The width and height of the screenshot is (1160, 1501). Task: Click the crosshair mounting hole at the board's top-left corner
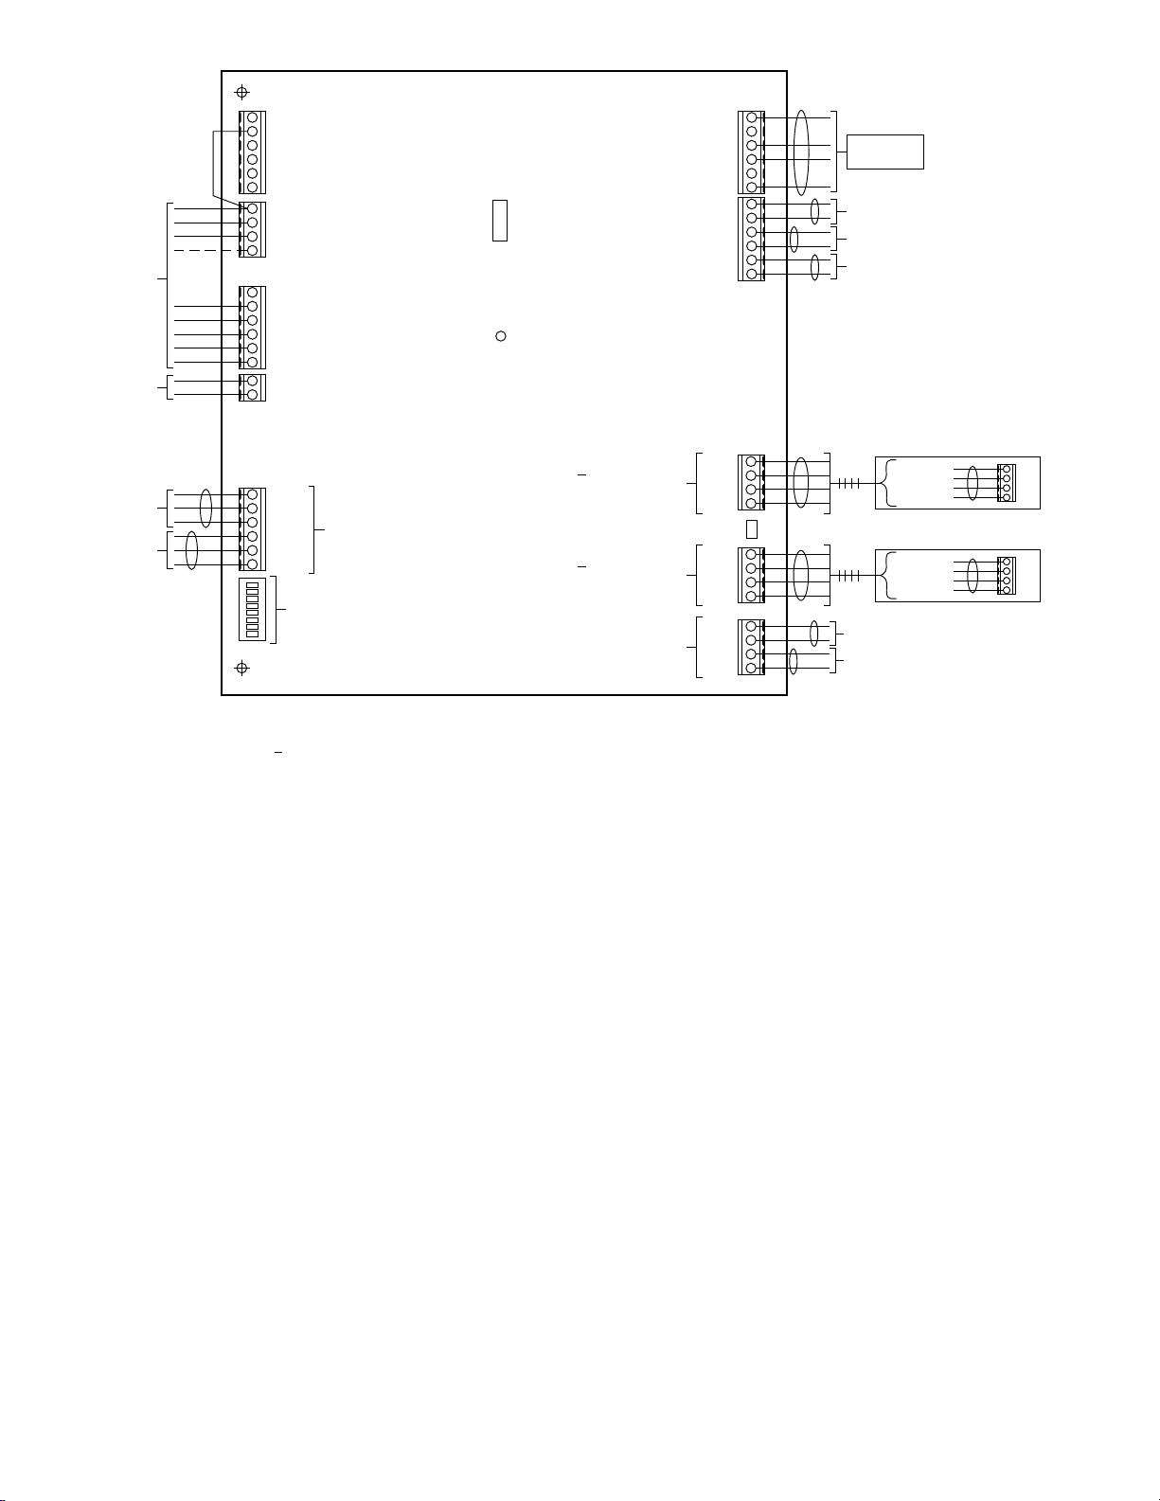pyautogui.click(x=242, y=92)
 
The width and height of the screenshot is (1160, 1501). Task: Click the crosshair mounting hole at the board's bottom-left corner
pyautogui.click(x=242, y=668)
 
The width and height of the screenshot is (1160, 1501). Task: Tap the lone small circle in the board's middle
pyautogui.click(x=501, y=336)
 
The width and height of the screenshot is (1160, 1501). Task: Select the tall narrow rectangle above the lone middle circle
pyautogui.click(x=500, y=220)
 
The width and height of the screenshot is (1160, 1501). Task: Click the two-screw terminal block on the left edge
pyautogui.click(x=253, y=387)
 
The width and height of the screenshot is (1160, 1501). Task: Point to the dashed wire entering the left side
pyautogui.click(x=204, y=250)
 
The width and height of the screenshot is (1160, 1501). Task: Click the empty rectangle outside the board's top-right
pyautogui.click(x=884, y=152)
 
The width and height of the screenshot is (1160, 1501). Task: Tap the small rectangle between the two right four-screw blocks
pyautogui.click(x=752, y=528)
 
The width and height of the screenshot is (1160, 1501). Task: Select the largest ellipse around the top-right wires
pyautogui.click(x=801, y=152)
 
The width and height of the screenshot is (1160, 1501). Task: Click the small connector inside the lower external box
pyautogui.click(x=1005, y=576)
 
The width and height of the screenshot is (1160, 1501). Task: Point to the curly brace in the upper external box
pyautogui.click(x=885, y=483)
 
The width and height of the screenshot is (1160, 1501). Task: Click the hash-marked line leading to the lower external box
pyautogui.click(x=847, y=576)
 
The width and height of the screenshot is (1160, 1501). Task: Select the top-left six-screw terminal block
pyautogui.click(x=253, y=152)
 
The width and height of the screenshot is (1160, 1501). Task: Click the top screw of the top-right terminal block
pyautogui.click(x=751, y=117)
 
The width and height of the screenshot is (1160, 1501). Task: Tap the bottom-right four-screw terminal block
pyautogui.click(x=751, y=648)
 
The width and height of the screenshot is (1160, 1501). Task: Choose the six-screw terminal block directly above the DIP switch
pyautogui.click(x=253, y=529)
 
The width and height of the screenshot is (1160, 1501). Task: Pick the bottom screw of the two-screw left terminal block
pyautogui.click(x=253, y=394)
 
